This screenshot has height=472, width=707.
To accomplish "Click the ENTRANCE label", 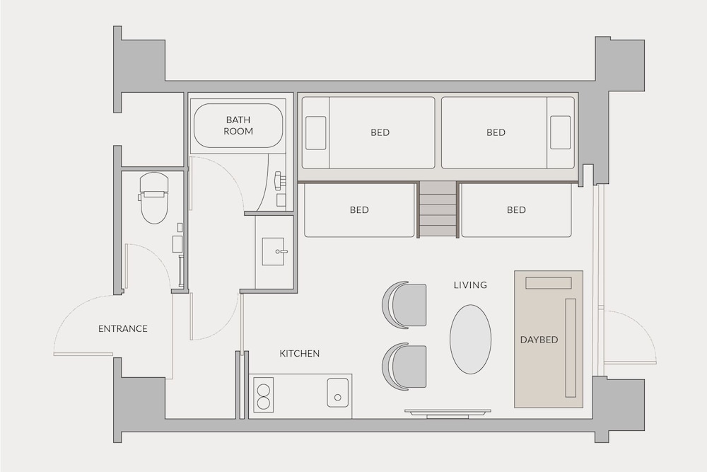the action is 122,328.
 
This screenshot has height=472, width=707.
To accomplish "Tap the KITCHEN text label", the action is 299,353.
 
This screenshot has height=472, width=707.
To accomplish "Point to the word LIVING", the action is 470,284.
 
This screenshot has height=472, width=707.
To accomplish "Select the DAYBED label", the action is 539,340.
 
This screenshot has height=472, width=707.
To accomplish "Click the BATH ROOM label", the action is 238,125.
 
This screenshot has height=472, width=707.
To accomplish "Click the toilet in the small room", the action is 153,198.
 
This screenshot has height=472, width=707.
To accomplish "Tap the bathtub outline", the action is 238,125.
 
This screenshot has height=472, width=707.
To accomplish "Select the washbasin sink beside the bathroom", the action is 273,251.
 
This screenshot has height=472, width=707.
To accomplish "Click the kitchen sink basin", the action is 338,392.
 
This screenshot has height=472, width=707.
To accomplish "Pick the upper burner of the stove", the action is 263,390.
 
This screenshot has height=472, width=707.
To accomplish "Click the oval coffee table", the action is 470,339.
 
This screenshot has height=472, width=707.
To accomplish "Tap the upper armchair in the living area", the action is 404,304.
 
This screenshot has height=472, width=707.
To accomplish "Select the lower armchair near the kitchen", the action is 404,367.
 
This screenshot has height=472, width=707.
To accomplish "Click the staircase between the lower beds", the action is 438,209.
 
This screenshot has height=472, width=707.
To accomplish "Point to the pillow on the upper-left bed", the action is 315,133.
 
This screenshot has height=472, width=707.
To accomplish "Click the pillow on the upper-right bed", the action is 561,132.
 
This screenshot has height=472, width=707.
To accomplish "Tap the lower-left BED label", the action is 359,210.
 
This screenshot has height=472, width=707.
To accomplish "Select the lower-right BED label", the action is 516,210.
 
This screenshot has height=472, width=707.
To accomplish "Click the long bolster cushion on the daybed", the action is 571,348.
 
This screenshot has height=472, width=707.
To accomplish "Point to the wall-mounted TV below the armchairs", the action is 448,413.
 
